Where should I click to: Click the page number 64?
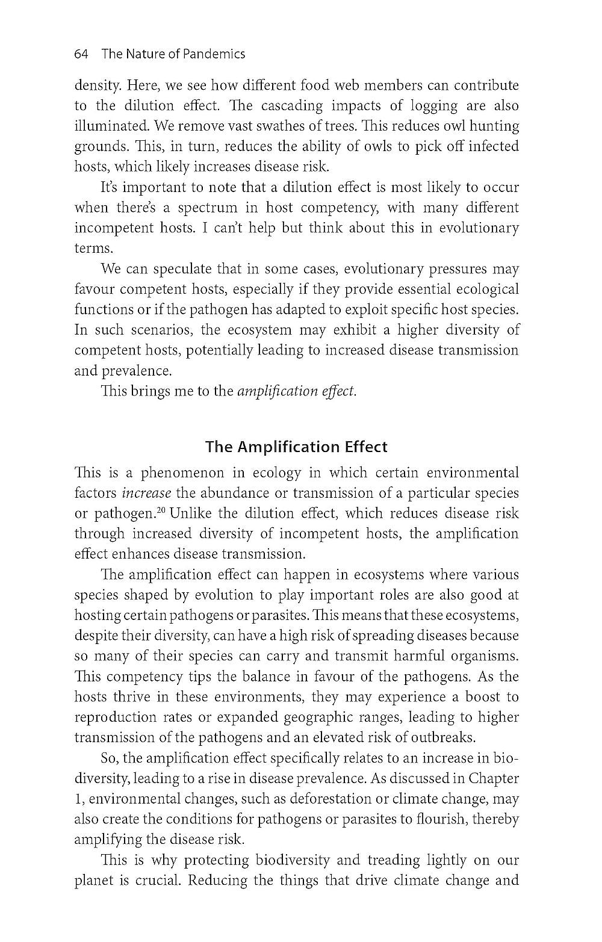81,54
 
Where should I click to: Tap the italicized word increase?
146,494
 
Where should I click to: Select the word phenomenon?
182,473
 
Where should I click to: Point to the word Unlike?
190,514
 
